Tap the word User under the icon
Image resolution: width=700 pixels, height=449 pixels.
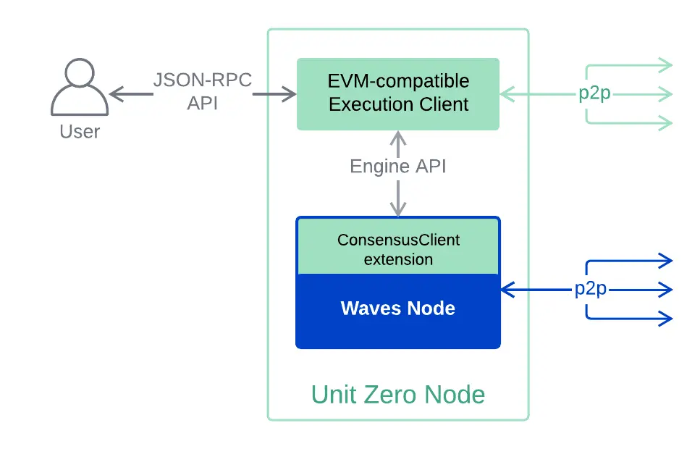click(80, 131)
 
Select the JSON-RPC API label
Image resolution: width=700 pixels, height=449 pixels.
click(203, 91)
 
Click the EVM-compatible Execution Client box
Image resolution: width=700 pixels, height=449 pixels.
click(398, 93)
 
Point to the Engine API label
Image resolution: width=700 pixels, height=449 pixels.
click(398, 167)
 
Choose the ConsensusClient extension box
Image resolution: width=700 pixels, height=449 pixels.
click(398, 248)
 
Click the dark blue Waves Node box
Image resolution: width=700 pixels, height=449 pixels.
click(398, 310)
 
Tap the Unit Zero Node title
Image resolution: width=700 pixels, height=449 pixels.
click(398, 395)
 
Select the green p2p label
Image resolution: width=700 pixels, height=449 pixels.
click(594, 94)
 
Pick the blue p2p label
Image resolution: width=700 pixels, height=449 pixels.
click(591, 290)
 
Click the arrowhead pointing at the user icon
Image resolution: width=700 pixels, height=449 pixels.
click(115, 93)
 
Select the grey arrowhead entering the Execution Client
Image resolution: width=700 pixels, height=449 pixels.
click(291, 93)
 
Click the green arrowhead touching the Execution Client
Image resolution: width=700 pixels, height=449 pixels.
click(505, 94)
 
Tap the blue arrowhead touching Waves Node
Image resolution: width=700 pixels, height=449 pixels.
click(506, 290)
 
